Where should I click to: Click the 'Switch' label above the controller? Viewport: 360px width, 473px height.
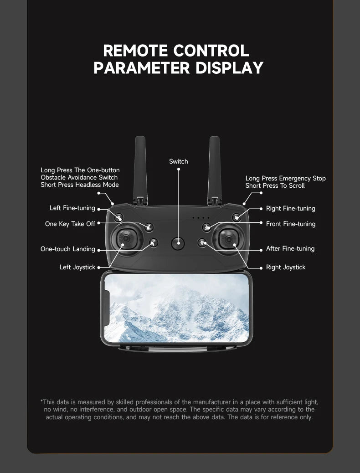(178, 162)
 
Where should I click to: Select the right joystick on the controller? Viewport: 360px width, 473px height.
(231, 237)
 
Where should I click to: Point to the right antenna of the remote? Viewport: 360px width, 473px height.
(215, 169)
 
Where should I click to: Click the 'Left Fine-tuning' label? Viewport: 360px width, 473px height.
(72, 208)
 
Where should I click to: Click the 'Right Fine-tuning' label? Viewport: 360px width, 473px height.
(291, 209)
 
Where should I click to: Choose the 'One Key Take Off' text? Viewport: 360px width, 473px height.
(70, 224)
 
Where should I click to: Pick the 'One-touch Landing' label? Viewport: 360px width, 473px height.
(67, 249)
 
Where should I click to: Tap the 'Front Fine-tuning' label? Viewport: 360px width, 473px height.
(291, 224)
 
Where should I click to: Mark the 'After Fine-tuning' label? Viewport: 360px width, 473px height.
(290, 249)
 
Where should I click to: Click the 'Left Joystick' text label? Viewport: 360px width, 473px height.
(77, 267)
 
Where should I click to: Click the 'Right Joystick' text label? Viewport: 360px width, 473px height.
(286, 267)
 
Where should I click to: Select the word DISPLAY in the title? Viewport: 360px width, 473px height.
(230, 67)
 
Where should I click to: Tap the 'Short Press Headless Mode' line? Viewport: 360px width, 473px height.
(79, 185)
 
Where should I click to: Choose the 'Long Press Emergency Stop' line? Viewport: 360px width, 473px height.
(286, 179)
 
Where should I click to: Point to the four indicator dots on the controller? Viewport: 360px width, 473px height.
(201, 218)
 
